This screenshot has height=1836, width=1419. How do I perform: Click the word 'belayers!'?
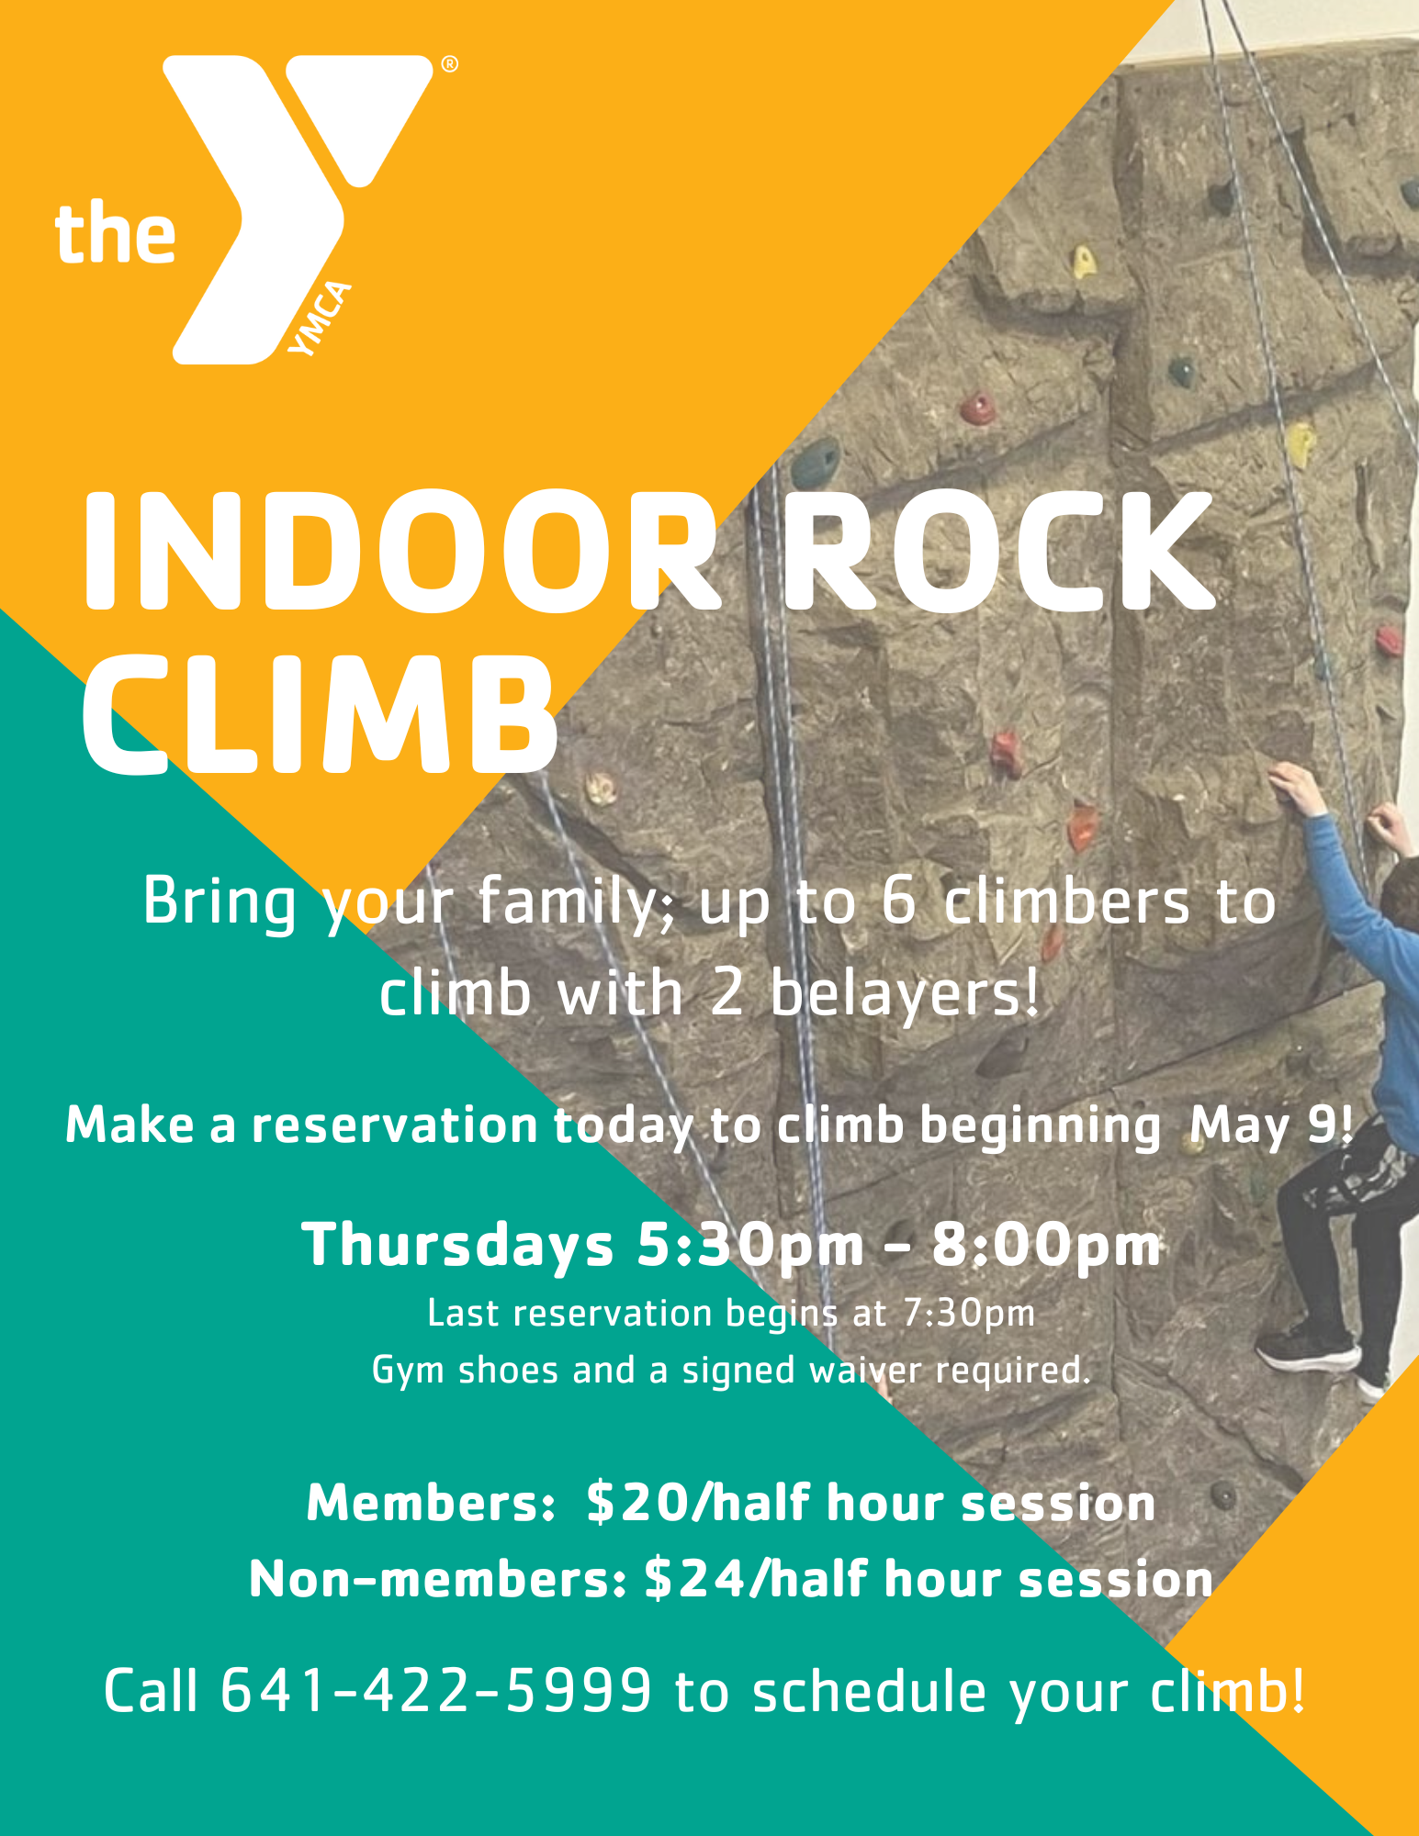(x=905, y=993)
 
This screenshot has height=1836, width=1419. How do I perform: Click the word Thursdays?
(x=457, y=1245)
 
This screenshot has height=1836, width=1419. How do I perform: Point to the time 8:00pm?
(x=1046, y=1246)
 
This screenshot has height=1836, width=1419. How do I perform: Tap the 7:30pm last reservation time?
(x=969, y=1314)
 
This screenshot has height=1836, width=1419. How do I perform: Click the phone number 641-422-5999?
(x=436, y=1690)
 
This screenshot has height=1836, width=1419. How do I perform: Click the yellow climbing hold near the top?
(x=1083, y=263)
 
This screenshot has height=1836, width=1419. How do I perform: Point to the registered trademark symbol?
(x=449, y=64)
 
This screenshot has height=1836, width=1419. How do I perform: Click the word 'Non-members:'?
(x=438, y=1581)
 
